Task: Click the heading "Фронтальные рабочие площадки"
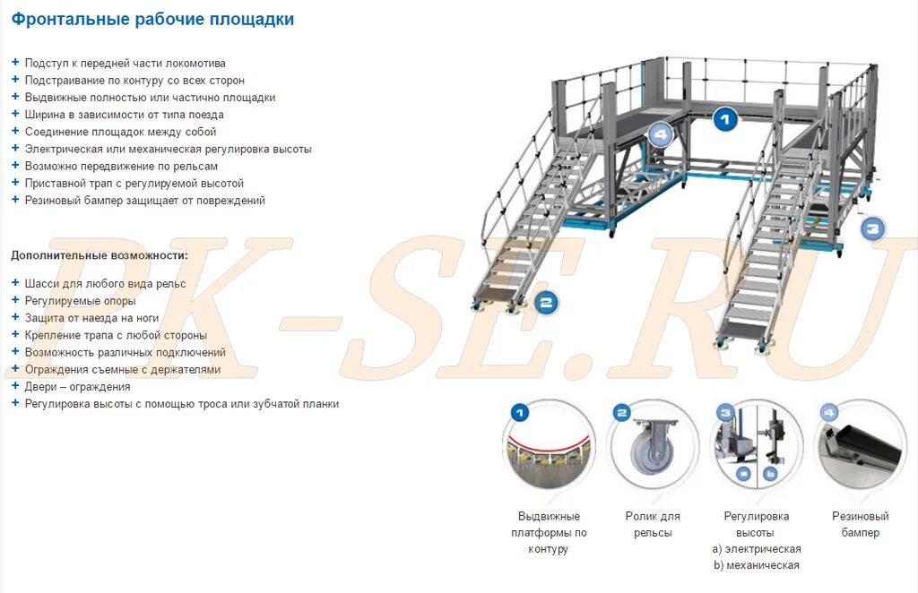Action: (x=152, y=20)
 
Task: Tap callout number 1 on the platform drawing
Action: (x=725, y=118)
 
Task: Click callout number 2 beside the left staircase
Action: (x=546, y=303)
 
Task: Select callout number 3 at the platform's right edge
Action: (x=873, y=228)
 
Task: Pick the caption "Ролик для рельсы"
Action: (x=653, y=524)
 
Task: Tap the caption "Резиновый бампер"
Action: (x=860, y=524)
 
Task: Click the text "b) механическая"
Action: (x=756, y=565)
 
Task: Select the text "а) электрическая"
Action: (x=756, y=548)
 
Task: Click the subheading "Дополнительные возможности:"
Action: (x=100, y=255)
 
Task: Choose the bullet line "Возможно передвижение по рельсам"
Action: (x=121, y=167)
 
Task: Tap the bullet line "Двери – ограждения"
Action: (x=77, y=387)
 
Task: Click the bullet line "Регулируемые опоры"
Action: (x=81, y=301)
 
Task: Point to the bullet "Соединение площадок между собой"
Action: (x=121, y=132)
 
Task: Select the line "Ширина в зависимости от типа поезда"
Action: (x=125, y=115)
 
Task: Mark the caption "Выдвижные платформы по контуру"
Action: (x=549, y=532)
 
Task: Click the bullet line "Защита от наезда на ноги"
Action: (x=91, y=318)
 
